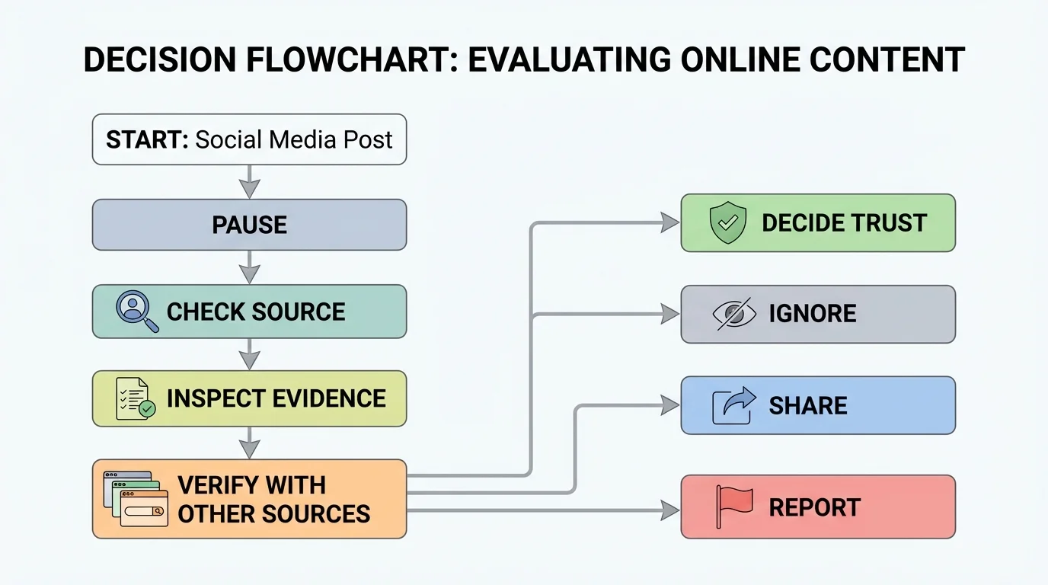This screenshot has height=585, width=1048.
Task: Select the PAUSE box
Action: (x=249, y=225)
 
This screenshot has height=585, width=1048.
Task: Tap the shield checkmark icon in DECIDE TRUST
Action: (x=727, y=222)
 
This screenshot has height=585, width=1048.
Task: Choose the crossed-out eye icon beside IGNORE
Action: (x=734, y=314)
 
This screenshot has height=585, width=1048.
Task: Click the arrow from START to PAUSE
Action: (x=249, y=183)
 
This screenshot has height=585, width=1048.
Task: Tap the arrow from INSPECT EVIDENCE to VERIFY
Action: (x=249, y=443)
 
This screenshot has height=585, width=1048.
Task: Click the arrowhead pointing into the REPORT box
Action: (x=670, y=510)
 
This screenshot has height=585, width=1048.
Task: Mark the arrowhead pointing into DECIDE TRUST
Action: (x=670, y=222)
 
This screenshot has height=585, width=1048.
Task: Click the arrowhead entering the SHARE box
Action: (x=670, y=405)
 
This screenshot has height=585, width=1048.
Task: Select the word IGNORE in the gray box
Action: (x=812, y=314)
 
